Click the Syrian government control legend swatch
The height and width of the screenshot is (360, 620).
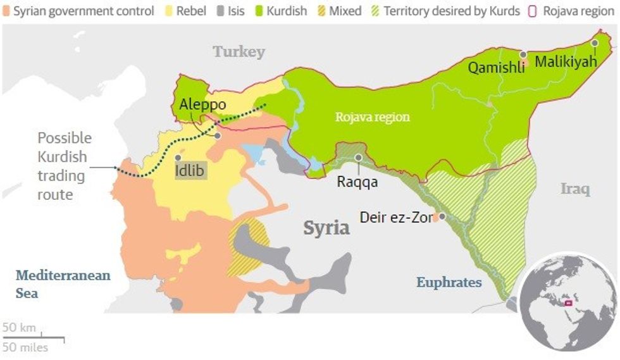click(x=7, y=11)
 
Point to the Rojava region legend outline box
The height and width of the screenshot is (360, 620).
click(x=533, y=11)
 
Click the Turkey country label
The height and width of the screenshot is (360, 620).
click(x=239, y=52)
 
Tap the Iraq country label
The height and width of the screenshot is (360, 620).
click(x=575, y=189)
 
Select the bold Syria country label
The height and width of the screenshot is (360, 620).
click(x=326, y=228)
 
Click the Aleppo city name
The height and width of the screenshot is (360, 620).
click(x=202, y=104)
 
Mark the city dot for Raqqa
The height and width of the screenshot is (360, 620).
click(x=359, y=157)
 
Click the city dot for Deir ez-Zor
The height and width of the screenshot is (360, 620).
click(x=442, y=216)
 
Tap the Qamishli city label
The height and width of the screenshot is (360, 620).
click(x=496, y=68)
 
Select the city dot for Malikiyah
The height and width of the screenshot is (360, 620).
click(x=595, y=43)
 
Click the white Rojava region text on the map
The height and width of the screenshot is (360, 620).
click(x=372, y=117)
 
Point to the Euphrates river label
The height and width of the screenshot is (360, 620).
click(x=449, y=282)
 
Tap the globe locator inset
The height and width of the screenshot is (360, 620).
click(x=567, y=302)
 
